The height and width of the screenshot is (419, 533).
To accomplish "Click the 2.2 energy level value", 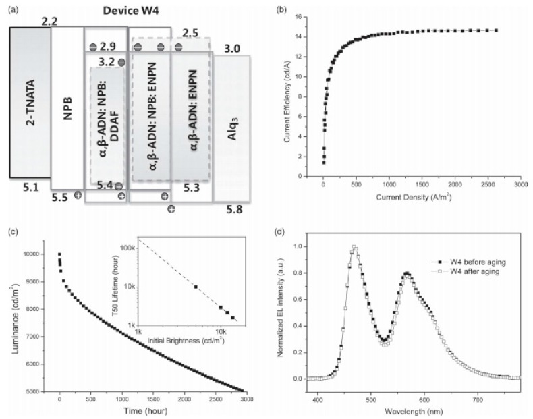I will (49, 22).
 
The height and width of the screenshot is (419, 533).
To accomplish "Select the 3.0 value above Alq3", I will (232, 49).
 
